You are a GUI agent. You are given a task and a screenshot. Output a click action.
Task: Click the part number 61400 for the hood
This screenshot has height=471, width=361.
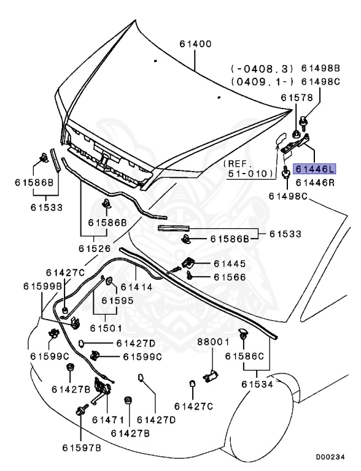195,44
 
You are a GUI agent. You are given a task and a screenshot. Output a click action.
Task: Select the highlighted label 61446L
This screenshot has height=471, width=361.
314,168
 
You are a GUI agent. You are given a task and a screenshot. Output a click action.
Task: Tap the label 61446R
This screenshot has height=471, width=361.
314,182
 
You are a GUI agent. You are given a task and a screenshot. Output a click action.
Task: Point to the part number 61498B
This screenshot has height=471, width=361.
320,68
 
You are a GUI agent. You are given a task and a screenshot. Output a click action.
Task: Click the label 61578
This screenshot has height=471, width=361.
297,98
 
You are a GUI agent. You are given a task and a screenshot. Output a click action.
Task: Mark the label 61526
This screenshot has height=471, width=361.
94,248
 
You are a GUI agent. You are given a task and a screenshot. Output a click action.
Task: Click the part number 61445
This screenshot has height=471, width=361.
230,264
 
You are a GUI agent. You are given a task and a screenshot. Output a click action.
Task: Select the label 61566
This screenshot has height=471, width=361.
230,277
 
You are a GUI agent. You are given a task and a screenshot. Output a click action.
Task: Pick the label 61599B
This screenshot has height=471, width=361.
43,286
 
